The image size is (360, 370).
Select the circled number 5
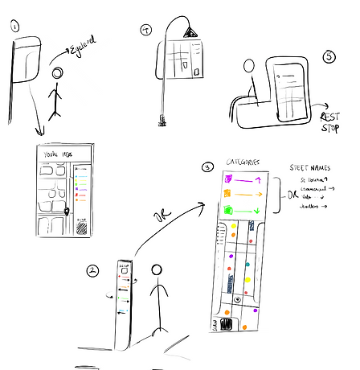(329, 56)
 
